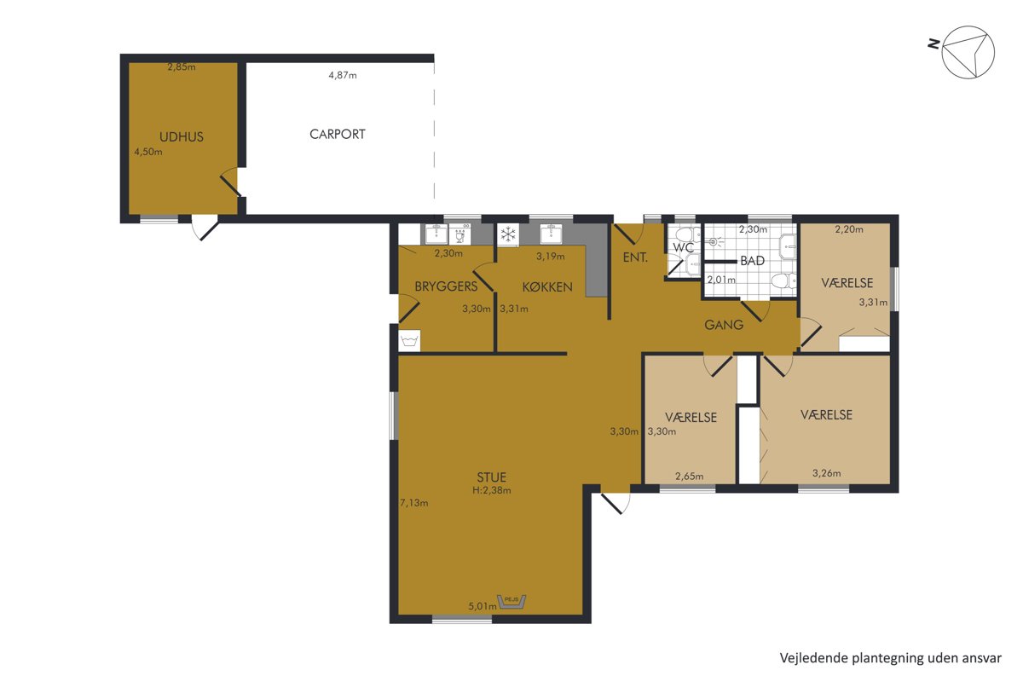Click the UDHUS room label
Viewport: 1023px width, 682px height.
(182, 136)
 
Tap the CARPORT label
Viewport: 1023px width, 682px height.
(338, 135)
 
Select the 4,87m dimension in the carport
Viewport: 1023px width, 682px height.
(343, 75)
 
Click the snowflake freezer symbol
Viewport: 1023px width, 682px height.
(508, 234)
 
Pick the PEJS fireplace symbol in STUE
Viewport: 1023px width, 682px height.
(512, 602)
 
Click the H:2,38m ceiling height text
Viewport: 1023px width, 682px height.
(491, 490)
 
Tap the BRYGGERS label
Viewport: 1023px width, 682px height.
(446, 286)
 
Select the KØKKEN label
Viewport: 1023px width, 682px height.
(547, 287)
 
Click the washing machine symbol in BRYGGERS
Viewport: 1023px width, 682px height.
(409, 341)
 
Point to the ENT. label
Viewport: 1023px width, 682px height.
(635, 257)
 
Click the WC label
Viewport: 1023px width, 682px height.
(683, 247)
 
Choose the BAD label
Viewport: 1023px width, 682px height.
(752, 261)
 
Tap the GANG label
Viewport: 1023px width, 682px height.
(724, 325)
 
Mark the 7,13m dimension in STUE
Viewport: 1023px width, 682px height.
(414, 503)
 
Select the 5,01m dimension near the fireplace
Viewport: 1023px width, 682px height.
(483, 606)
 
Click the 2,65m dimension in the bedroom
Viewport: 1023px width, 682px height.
(689, 477)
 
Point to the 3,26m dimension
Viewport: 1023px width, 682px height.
(826, 473)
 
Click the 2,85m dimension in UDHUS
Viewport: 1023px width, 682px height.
(182, 67)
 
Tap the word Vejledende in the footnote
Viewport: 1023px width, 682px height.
(805, 658)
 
